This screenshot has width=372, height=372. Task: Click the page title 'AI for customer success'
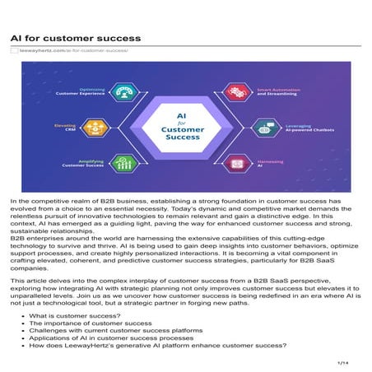point(75,39)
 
